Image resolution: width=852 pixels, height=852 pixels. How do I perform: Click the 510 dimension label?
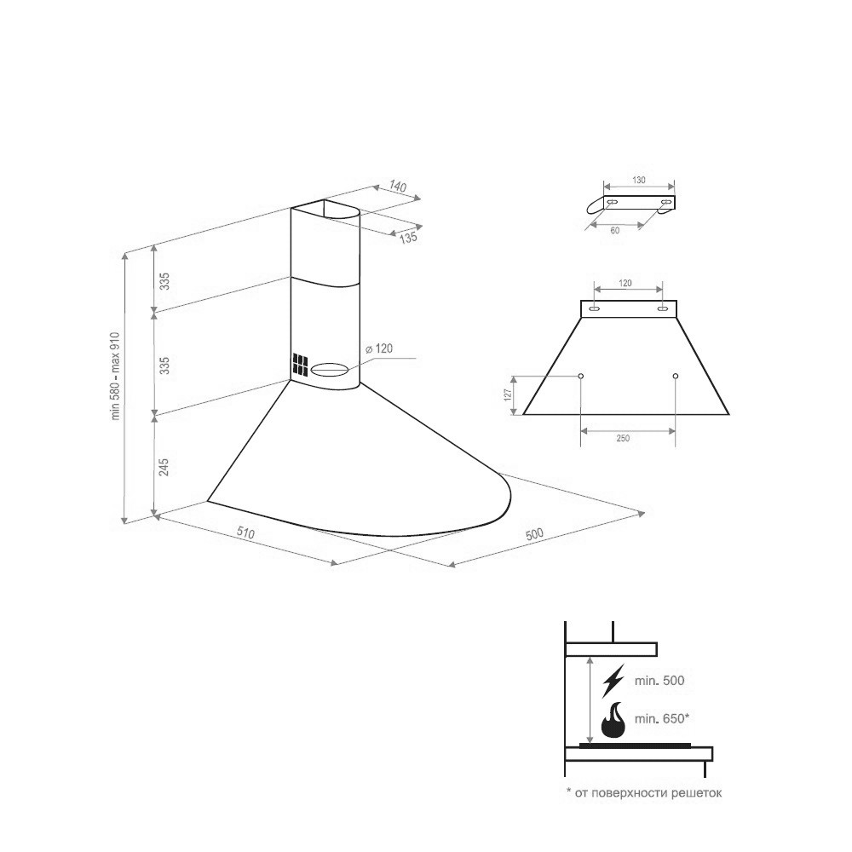(246, 533)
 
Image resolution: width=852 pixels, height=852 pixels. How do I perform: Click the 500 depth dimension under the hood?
(534, 534)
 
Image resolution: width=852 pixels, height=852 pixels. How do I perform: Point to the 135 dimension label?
(408, 238)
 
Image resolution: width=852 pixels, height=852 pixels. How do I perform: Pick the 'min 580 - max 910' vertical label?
(116, 376)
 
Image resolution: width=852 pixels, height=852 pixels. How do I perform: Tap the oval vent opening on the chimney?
(329, 370)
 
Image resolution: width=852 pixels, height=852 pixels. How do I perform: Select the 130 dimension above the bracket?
(639, 180)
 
